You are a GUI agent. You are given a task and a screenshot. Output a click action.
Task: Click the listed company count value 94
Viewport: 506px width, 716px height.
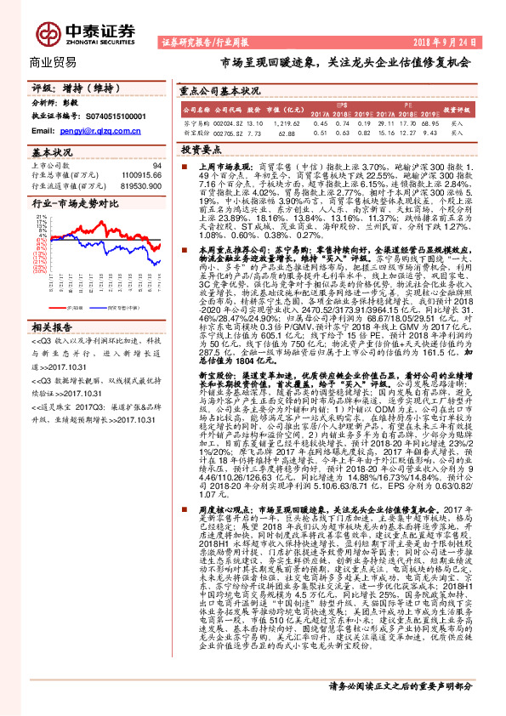(x=156, y=166)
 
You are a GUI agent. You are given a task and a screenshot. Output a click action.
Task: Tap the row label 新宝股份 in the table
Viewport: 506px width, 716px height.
(x=196, y=134)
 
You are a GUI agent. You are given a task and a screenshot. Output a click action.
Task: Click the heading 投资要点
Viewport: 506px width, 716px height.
(x=202, y=149)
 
